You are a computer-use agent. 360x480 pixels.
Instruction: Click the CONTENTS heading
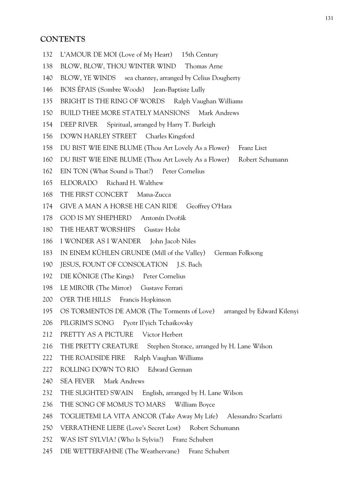pyautogui.click(x=62, y=39)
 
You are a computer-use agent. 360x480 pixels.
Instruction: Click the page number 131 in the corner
pyautogui.click(x=329, y=18)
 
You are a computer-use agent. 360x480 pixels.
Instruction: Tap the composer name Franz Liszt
pyautogui.click(x=252, y=148)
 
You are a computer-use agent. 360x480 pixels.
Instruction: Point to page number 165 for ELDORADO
pyautogui.click(x=47, y=183)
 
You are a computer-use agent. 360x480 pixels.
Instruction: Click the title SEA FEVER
pyautogui.click(x=77, y=381)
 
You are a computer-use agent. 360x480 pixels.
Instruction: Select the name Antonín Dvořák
pyautogui.click(x=163, y=218)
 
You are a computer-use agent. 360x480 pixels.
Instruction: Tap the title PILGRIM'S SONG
pyautogui.click(x=87, y=323)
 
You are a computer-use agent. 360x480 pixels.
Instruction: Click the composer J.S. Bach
pyautogui.click(x=189, y=265)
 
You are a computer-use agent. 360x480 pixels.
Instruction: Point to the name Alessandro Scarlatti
pyautogui.click(x=255, y=416)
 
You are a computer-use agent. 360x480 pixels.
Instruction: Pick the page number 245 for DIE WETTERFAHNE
pyautogui.click(x=47, y=451)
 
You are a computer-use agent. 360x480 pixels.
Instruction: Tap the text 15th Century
pyautogui.click(x=200, y=55)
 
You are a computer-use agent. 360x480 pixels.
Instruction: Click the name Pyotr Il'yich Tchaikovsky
pyautogui.click(x=158, y=323)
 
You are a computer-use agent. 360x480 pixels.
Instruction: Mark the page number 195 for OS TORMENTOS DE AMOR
pyautogui.click(x=47, y=311)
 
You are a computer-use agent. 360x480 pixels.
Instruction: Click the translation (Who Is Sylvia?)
pyautogui.click(x=143, y=440)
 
